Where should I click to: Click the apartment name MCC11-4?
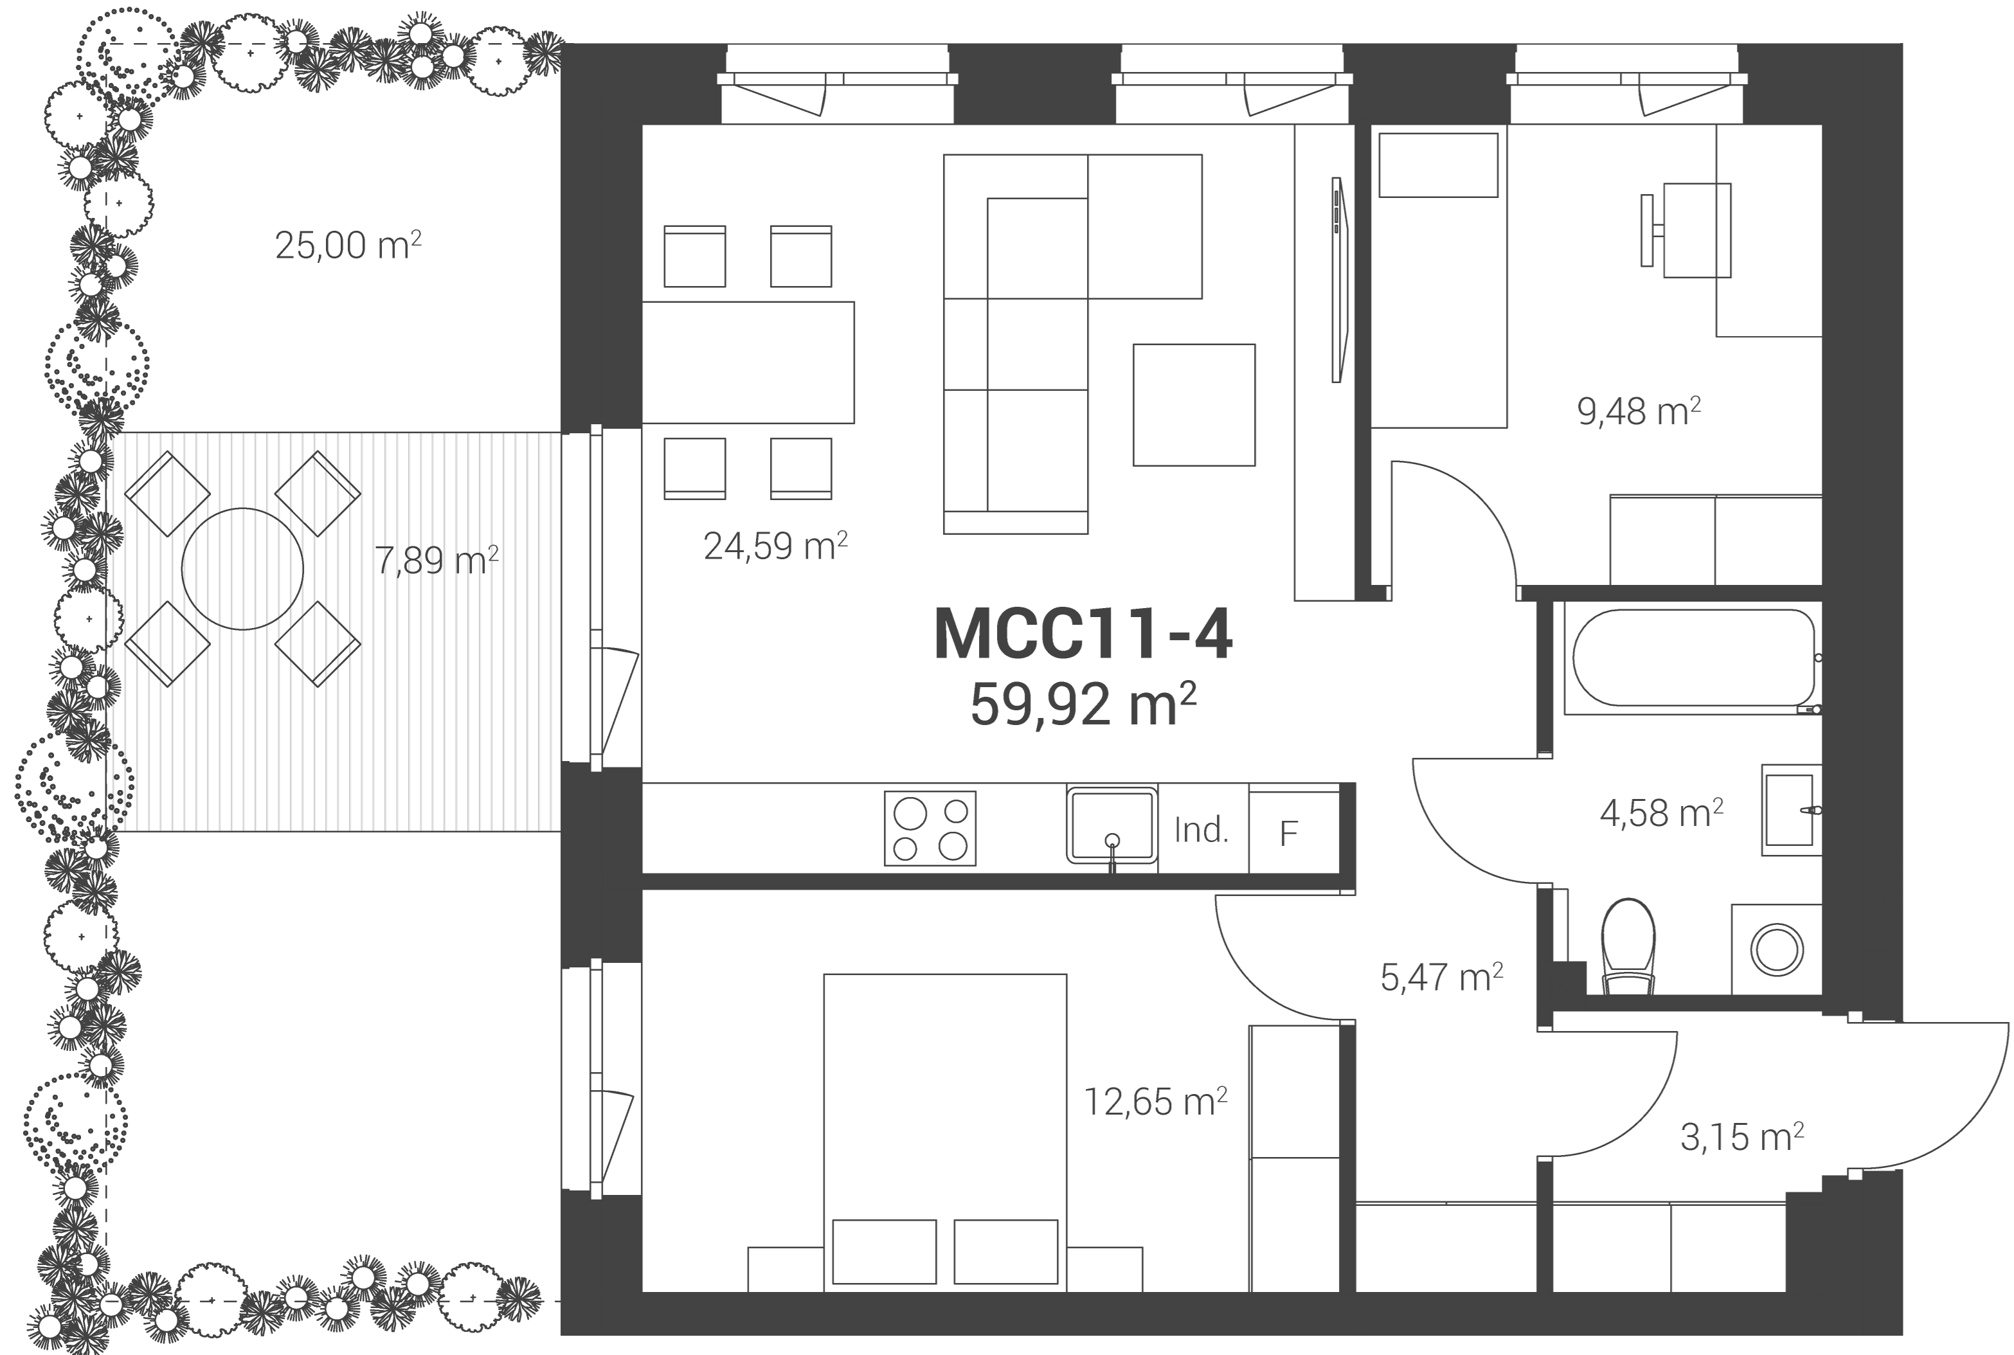pos(1083,634)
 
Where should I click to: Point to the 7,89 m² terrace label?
pos(436,559)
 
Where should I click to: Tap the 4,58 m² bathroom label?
pos(1662,812)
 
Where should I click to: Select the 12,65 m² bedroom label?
pos(1155,1101)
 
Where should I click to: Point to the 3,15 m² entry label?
pos(1742,1136)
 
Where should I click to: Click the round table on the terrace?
pos(243,569)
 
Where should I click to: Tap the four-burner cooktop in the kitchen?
pos(930,828)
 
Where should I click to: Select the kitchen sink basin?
pos(1112,825)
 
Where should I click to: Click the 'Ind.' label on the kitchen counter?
pos(1201,830)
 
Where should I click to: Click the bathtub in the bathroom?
pos(1693,660)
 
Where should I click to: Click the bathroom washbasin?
pos(1791,810)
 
